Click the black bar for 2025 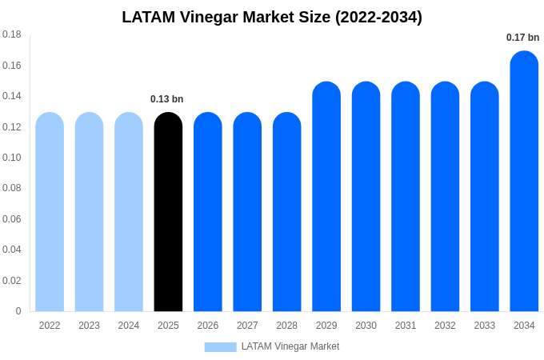click(168, 212)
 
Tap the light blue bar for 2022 click(50, 212)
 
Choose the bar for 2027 click(247, 212)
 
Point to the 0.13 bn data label click(167, 99)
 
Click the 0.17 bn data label click(522, 38)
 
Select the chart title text click(272, 17)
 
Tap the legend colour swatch click(220, 347)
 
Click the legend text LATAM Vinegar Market click(290, 347)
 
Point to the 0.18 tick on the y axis click(12, 34)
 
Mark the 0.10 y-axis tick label click(12, 158)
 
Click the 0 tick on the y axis click(18, 311)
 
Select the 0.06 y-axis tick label click(12, 219)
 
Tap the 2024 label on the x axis click(129, 326)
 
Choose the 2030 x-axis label click(366, 326)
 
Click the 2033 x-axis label click(485, 326)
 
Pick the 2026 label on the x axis click(208, 326)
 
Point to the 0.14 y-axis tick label click(12, 96)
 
